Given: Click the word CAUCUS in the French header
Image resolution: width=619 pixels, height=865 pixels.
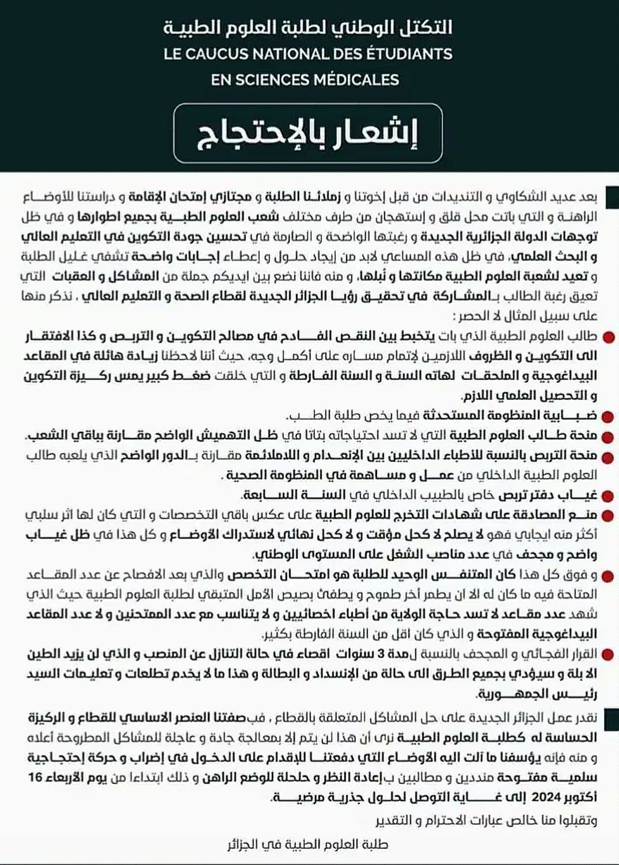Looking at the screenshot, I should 219,55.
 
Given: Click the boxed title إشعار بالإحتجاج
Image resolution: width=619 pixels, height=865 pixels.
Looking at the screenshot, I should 308,133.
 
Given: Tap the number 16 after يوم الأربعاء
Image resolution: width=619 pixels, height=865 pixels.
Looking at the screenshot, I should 36,778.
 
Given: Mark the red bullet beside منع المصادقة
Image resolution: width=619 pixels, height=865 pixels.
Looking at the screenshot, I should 609,516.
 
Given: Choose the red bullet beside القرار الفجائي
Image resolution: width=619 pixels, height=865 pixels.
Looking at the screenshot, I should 609,654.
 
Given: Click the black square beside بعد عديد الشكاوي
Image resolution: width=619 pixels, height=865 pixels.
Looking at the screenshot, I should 612,197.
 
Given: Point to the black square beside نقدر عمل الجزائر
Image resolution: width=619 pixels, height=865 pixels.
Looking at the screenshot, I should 612,718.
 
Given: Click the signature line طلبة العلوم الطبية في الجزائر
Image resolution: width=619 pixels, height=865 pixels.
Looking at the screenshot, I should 308,845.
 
